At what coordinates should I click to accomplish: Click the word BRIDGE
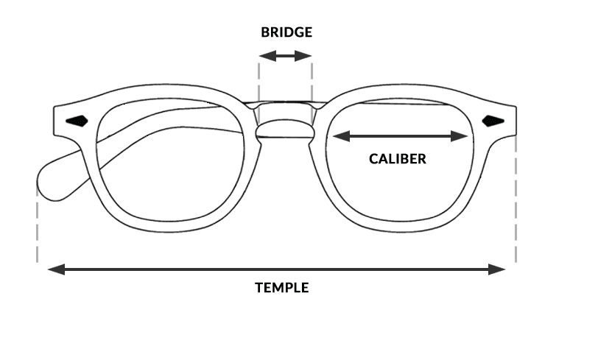(x=286, y=32)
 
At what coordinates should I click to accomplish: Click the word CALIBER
(x=398, y=158)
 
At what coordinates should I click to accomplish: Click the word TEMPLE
(x=282, y=287)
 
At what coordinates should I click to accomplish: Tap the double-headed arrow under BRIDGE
(x=286, y=56)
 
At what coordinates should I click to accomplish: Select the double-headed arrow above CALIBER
(x=401, y=135)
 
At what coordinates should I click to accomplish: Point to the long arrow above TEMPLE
(x=277, y=269)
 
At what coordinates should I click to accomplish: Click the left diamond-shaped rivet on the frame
(x=77, y=120)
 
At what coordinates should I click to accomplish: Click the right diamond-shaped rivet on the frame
(x=493, y=121)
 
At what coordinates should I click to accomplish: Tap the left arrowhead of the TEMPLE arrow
(x=54, y=269)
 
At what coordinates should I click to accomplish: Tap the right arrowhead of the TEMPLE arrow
(x=501, y=269)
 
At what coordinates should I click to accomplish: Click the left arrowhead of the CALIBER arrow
(x=340, y=135)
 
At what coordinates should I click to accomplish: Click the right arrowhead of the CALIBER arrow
(x=463, y=135)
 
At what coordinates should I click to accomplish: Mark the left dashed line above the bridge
(x=258, y=81)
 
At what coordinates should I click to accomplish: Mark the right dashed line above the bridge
(x=312, y=81)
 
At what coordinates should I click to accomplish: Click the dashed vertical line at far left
(x=37, y=221)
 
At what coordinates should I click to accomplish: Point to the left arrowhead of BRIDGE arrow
(x=264, y=56)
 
